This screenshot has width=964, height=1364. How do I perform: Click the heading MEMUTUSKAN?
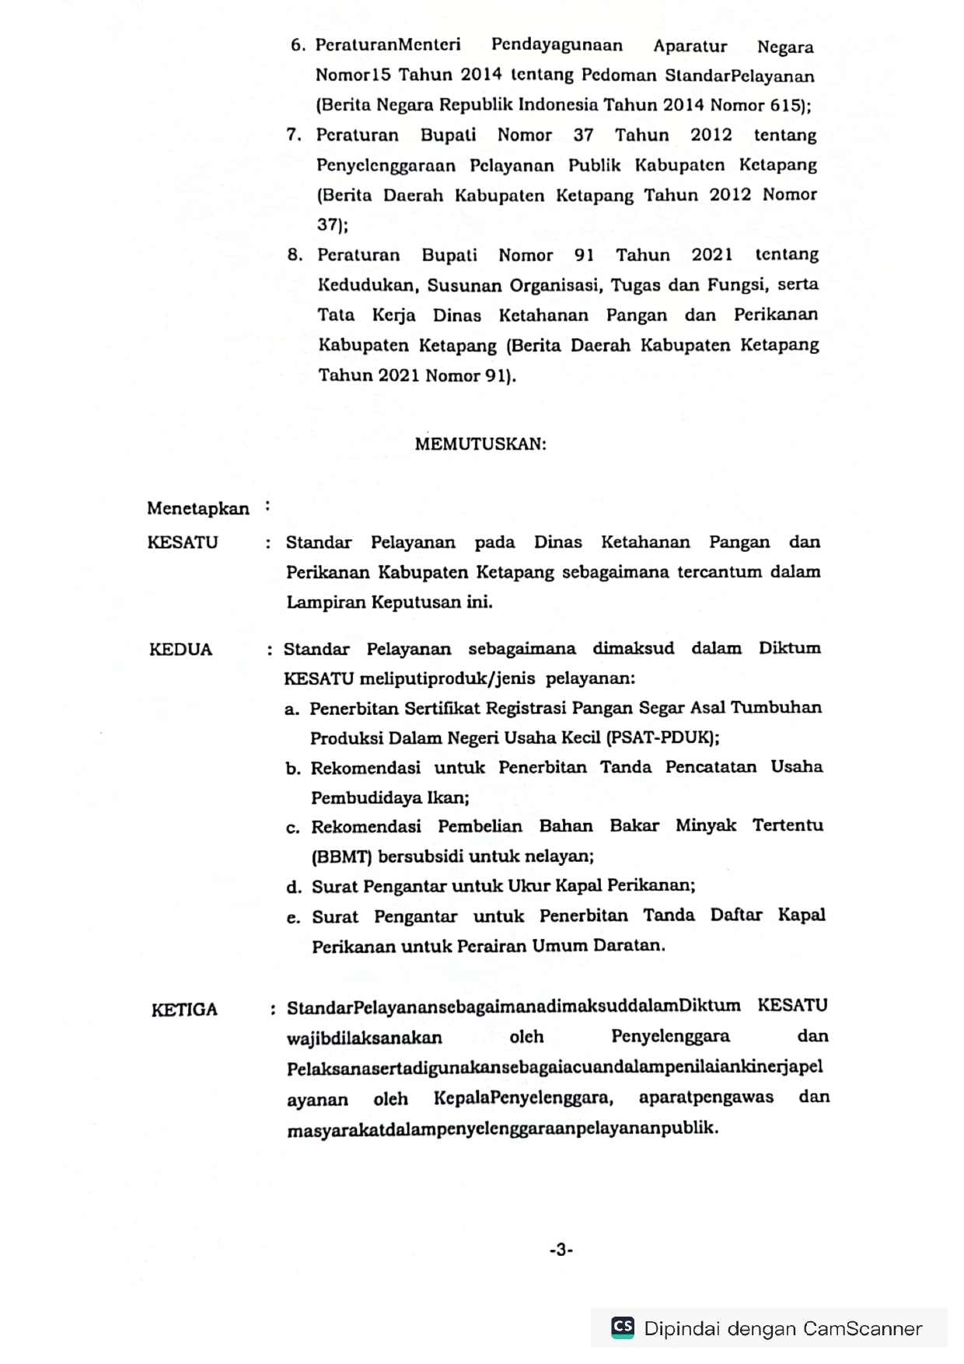tap(480, 444)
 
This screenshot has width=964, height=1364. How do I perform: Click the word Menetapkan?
tap(198, 508)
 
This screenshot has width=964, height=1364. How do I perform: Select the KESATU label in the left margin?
tap(183, 542)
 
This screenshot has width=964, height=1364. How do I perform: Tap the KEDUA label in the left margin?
tap(180, 650)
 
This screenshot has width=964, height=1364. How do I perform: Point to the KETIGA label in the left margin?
tap(184, 1010)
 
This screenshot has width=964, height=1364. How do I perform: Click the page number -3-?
tap(561, 1250)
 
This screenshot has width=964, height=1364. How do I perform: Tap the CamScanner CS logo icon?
tap(623, 1326)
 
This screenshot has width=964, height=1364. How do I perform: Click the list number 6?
tap(298, 45)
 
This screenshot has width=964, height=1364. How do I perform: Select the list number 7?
tap(294, 134)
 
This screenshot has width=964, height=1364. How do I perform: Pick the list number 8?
tap(295, 255)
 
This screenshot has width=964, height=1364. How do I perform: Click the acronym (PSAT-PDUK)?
tap(662, 738)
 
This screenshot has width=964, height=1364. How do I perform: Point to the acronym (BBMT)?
tap(342, 857)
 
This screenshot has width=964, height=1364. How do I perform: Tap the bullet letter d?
tap(293, 887)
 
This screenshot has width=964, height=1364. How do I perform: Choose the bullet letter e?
tap(293, 918)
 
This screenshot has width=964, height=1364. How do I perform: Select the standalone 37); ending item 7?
tap(333, 225)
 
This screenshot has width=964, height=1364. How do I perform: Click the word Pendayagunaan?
tap(557, 45)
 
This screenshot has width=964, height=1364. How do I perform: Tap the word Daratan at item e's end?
tap(629, 946)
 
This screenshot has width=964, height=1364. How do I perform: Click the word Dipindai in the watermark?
tap(680, 1329)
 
